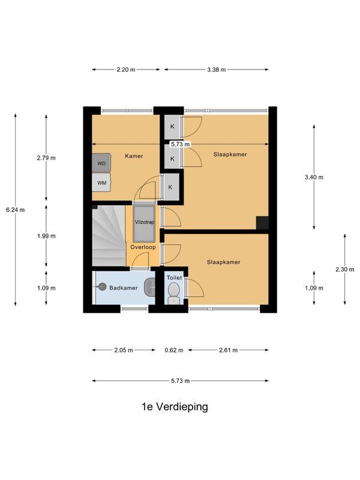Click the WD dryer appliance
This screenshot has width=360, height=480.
click(101, 163)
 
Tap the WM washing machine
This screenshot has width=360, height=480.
click(101, 182)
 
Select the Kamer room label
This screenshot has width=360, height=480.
click(134, 156)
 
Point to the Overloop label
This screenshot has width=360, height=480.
click(143, 247)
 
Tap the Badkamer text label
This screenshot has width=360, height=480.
click(124, 288)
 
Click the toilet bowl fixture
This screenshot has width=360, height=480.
click(174, 292)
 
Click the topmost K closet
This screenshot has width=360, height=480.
click(172, 127)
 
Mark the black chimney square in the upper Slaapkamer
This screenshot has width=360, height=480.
click(262, 222)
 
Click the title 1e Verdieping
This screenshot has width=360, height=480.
click(175, 407)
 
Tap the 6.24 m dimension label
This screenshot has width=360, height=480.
click(14, 210)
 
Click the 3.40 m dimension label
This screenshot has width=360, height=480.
click(314, 177)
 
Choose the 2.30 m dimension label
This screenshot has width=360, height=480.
click(344, 269)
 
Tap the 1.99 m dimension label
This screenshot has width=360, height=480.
click(46, 236)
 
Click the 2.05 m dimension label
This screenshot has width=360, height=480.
click(125, 350)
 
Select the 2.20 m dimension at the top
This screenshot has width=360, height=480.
click(126, 70)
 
